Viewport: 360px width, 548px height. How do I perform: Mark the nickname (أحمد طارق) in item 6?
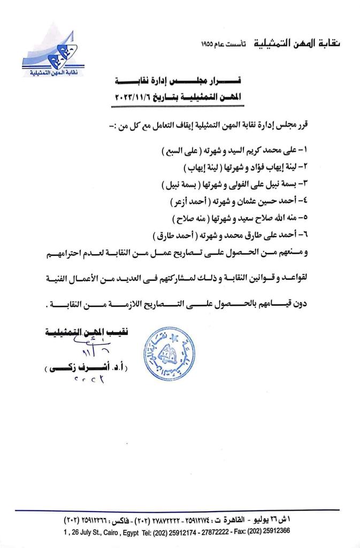click(171, 235)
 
